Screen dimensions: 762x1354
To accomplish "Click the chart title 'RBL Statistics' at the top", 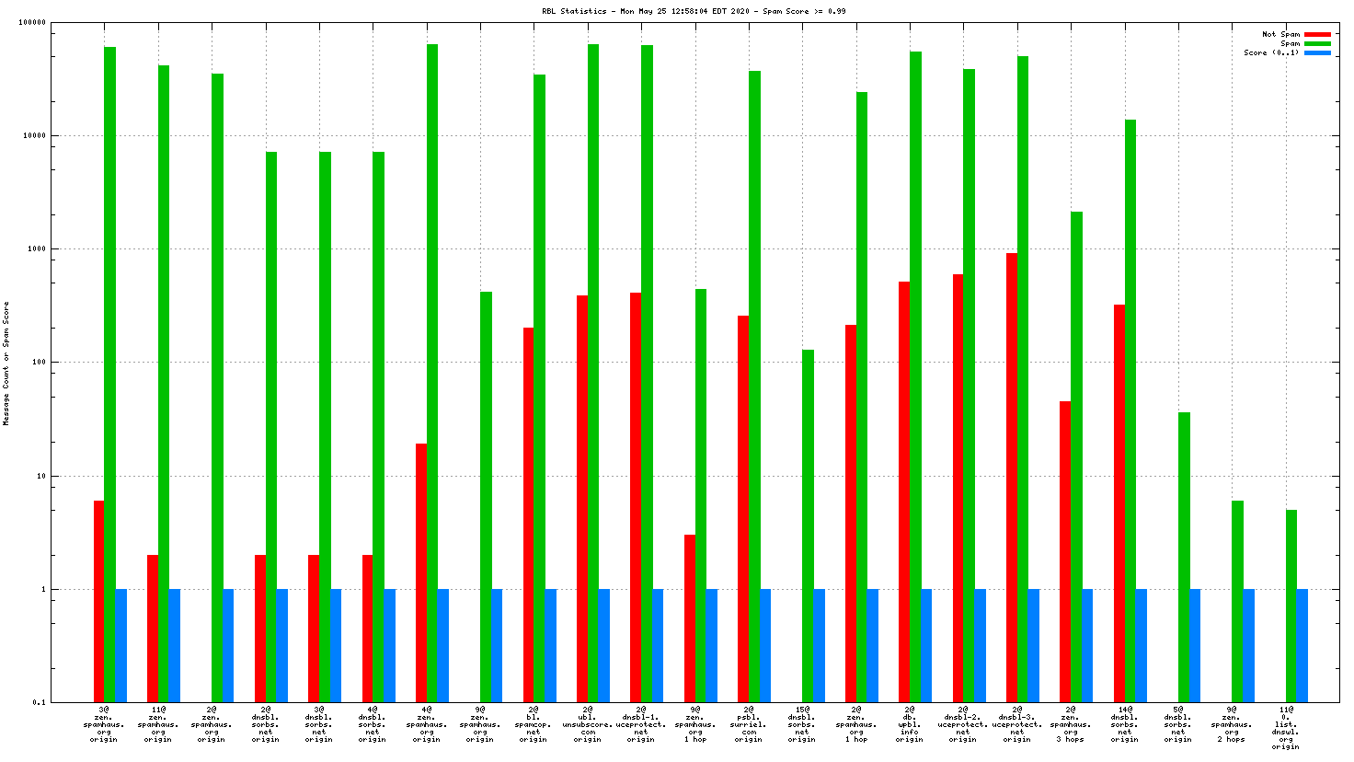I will click(x=575, y=11).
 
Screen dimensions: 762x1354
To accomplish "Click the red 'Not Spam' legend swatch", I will click(x=1317, y=34).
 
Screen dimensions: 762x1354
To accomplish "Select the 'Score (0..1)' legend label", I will click(x=1271, y=52).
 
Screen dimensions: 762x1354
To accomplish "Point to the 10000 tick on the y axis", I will click(x=34, y=136).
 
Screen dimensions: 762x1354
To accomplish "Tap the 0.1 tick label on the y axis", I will click(x=40, y=703).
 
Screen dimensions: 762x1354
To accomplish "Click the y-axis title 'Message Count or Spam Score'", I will click(x=6, y=363).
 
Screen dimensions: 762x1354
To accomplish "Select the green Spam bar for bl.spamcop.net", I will click(x=539, y=387).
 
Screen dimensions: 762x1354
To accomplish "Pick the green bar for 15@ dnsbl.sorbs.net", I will click(x=808, y=525).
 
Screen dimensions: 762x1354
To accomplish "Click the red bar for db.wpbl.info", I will click(x=904, y=491).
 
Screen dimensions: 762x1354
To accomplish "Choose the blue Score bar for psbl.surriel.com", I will click(x=765, y=645).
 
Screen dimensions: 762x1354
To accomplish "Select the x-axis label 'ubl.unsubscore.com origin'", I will click(x=588, y=724).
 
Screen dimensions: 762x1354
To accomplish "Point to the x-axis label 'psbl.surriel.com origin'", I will click(x=749, y=724).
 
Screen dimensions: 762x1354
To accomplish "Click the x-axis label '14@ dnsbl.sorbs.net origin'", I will click(x=1124, y=724).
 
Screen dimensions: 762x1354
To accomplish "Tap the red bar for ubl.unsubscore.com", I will click(x=582, y=498).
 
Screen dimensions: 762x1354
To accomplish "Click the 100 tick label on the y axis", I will click(x=38, y=363).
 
